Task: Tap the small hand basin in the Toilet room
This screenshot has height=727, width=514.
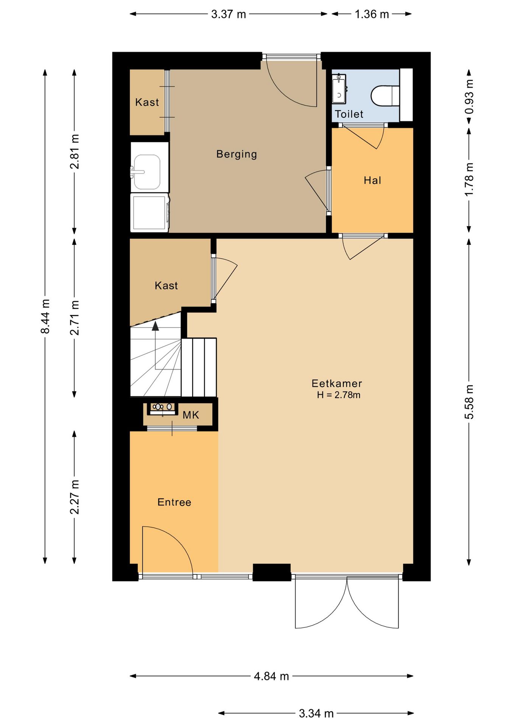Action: click(x=339, y=89)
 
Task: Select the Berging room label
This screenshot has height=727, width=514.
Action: click(x=237, y=154)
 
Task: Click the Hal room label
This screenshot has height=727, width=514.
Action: click(x=372, y=180)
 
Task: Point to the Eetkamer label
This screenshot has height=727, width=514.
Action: click(x=337, y=383)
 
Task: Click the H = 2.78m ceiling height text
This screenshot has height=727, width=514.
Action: click(x=339, y=395)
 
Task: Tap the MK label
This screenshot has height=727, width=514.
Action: click(x=191, y=415)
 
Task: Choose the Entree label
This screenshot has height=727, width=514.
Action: click(x=174, y=502)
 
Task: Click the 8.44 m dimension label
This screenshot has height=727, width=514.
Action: click(x=45, y=317)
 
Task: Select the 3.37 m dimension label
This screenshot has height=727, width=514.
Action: click(x=229, y=14)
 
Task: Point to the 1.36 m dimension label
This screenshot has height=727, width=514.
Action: click(x=372, y=14)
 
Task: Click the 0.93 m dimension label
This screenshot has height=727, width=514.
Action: click(x=469, y=97)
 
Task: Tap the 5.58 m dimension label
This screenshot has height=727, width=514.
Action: click(x=469, y=402)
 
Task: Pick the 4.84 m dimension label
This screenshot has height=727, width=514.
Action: click(x=271, y=676)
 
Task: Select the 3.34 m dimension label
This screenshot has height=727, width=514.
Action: click(x=316, y=714)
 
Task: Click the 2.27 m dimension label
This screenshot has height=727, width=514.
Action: click(x=75, y=497)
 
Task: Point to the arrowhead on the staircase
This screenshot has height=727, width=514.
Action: click(x=155, y=326)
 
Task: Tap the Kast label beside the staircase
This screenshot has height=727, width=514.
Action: click(x=166, y=285)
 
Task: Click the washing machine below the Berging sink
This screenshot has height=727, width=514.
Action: click(x=150, y=212)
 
